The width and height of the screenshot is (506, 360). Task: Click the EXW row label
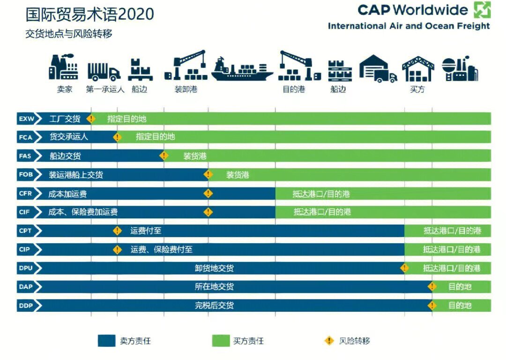[26, 119]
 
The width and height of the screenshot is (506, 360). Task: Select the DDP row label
[26, 306]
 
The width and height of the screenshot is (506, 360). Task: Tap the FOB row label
[26, 175]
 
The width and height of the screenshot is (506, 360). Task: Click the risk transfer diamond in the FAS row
[164, 156]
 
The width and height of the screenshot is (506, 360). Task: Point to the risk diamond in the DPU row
[404, 268]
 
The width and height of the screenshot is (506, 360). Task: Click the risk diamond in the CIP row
[117, 249]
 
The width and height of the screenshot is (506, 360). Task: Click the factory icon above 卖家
[64, 68]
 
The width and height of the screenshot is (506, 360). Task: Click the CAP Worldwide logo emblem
[482, 10]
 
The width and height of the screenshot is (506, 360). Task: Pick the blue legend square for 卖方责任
[106, 341]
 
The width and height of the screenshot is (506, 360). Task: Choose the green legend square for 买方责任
[221, 341]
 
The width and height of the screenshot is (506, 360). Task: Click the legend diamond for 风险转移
[329, 341]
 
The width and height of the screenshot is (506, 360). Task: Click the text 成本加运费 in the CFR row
[67, 194]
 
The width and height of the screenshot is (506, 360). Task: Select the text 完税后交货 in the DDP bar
[214, 306]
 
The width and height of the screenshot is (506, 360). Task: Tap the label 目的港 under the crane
[294, 89]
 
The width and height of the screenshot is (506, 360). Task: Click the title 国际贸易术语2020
[89, 14]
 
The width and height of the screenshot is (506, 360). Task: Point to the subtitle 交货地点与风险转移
[69, 34]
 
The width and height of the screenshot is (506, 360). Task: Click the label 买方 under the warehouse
[417, 89]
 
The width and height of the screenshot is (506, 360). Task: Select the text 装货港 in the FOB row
[238, 175]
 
